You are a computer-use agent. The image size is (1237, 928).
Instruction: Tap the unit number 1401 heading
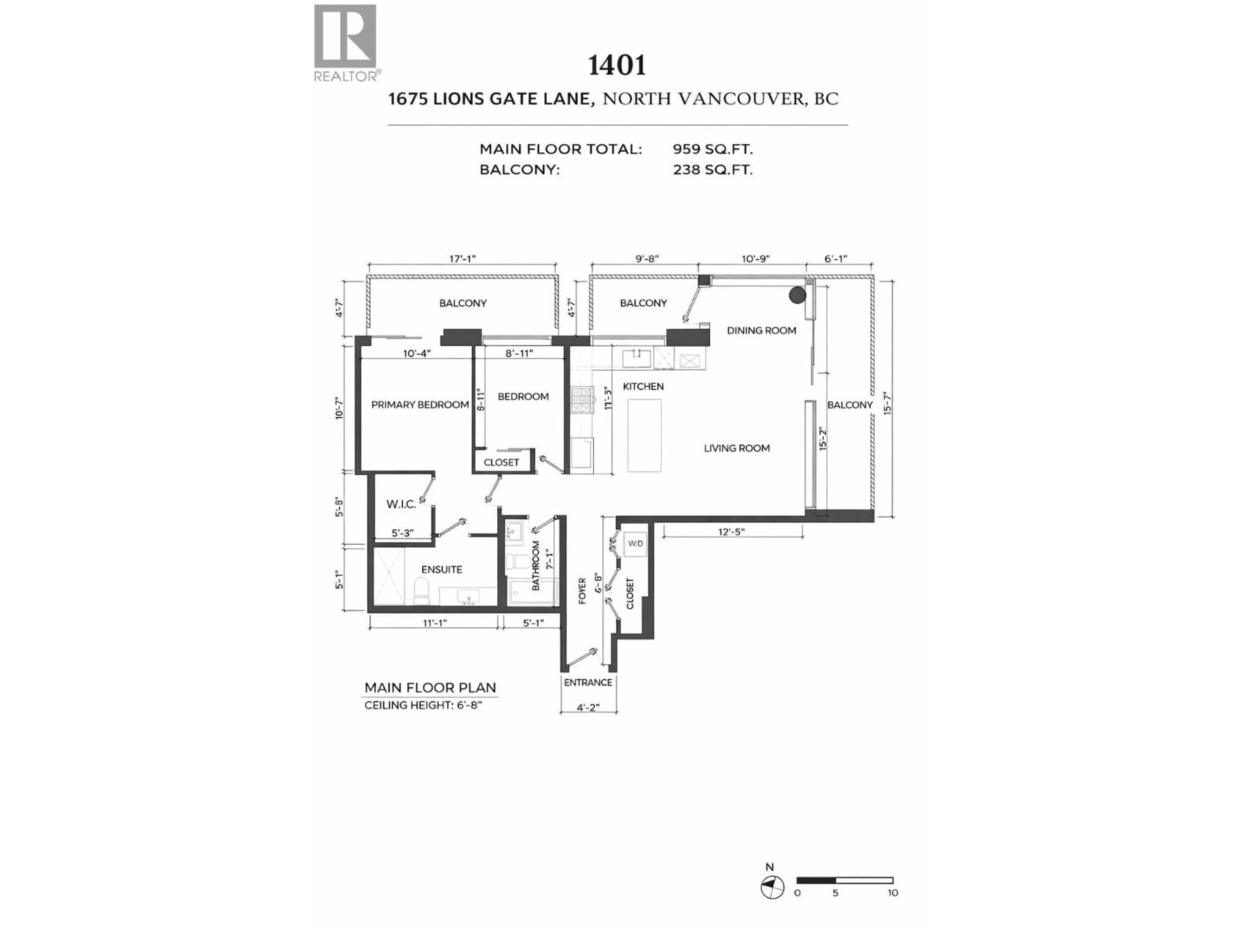click(x=617, y=65)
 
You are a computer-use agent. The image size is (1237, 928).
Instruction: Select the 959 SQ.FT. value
click(x=713, y=150)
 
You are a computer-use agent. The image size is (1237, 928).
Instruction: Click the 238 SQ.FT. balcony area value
click(x=713, y=169)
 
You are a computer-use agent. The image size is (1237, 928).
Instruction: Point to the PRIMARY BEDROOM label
click(x=419, y=404)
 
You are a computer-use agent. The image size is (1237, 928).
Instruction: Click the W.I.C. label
click(x=401, y=504)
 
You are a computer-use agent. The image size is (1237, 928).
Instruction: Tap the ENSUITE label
click(x=441, y=569)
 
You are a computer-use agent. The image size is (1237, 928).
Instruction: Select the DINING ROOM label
click(x=761, y=331)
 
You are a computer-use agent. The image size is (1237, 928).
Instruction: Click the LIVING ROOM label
click(x=736, y=448)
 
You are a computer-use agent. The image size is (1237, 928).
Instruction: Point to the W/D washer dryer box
click(x=635, y=544)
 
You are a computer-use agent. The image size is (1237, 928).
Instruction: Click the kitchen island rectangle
click(x=644, y=436)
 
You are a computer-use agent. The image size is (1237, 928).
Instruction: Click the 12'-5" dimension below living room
click(x=732, y=532)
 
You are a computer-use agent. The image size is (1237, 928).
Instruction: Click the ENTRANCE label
click(x=588, y=682)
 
